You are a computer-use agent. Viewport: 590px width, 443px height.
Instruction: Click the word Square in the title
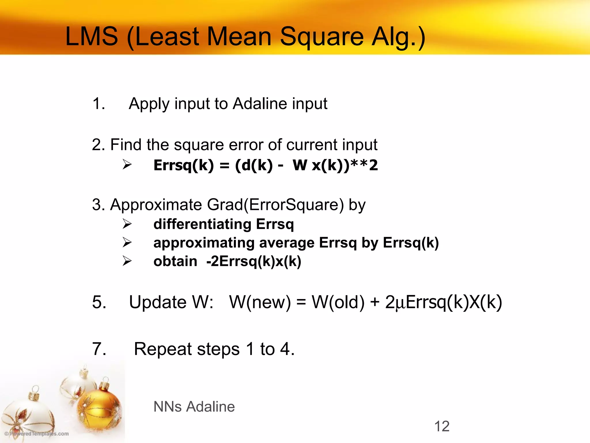click(x=322, y=37)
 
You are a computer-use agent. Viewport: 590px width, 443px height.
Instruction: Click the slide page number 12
click(x=442, y=426)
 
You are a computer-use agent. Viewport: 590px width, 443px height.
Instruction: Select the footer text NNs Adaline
click(x=194, y=407)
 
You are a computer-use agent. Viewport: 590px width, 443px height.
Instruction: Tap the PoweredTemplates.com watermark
click(x=37, y=433)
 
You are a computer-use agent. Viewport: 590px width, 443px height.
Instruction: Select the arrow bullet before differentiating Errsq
click(x=127, y=224)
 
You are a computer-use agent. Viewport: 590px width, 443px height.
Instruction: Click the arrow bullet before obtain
click(x=127, y=261)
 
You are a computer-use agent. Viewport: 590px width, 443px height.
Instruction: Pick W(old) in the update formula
click(x=338, y=302)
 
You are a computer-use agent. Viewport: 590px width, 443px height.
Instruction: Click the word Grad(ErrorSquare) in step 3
click(x=275, y=205)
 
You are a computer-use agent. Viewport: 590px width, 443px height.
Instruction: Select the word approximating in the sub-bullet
click(x=204, y=243)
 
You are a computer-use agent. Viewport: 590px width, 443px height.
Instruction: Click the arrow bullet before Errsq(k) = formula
click(x=127, y=165)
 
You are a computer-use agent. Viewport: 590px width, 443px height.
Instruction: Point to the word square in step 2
click(x=199, y=145)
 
